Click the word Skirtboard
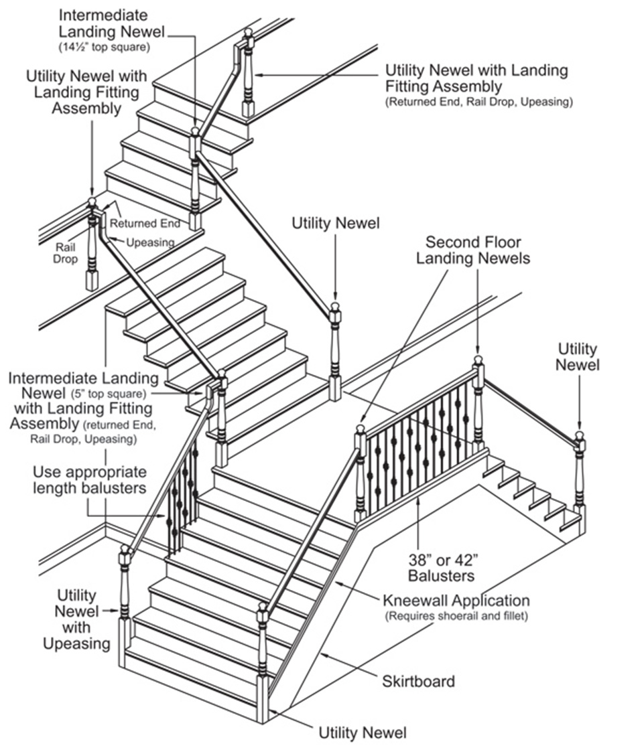418,682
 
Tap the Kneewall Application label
456,600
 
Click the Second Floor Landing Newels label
472,249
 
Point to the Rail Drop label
65,253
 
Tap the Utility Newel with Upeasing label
76,619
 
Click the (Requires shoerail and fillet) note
456,616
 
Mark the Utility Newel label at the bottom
362,733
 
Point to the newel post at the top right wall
248,74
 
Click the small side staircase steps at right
533,492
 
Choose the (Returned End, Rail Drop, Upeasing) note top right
478,102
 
